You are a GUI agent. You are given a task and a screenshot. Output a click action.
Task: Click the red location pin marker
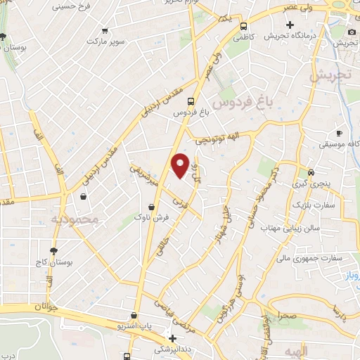point(180,165)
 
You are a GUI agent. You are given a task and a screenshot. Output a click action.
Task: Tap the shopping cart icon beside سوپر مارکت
point(105,31)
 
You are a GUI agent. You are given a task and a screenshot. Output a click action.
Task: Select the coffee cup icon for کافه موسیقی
point(339,133)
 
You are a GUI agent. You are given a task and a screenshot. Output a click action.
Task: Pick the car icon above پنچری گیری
point(311,172)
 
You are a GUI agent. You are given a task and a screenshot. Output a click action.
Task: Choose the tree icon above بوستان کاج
point(53,251)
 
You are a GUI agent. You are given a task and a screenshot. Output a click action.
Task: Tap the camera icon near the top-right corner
point(352,32)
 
